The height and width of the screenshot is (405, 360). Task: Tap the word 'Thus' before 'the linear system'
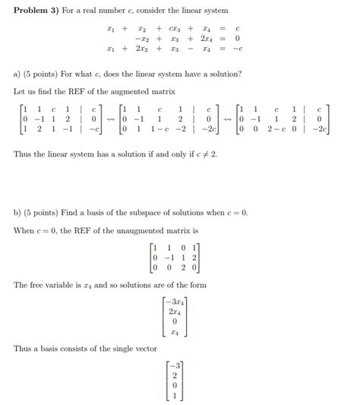pyautogui.click(x=23, y=154)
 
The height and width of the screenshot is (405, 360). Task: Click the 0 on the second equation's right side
pyautogui.click(x=238, y=38)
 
